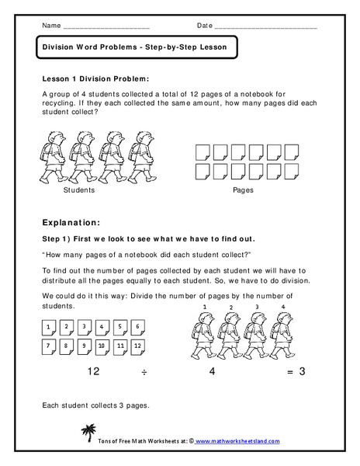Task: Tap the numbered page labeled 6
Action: (137, 327)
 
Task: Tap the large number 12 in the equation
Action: (95, 370)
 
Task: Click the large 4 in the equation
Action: (212, 370)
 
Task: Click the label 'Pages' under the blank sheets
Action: (243, 190)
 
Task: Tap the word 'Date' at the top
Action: (204, 26)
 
